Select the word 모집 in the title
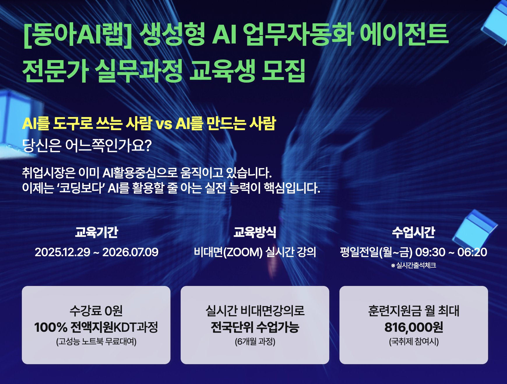pos(284,70)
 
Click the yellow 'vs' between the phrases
pos(164,124)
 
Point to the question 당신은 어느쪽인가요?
pos(87,146)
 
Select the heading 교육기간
pos(96,232)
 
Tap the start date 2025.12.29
pos(62,252)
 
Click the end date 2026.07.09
pos(131,252)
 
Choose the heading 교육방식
pos(255,232)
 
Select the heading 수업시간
pos(413,232)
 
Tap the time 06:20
pos(472,252)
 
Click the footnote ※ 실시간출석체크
pos(413,265)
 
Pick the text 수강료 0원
pos(96,311)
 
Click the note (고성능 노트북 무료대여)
pos(96,341)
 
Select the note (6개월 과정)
pos(255,341)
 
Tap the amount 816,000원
pos(414,327)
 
